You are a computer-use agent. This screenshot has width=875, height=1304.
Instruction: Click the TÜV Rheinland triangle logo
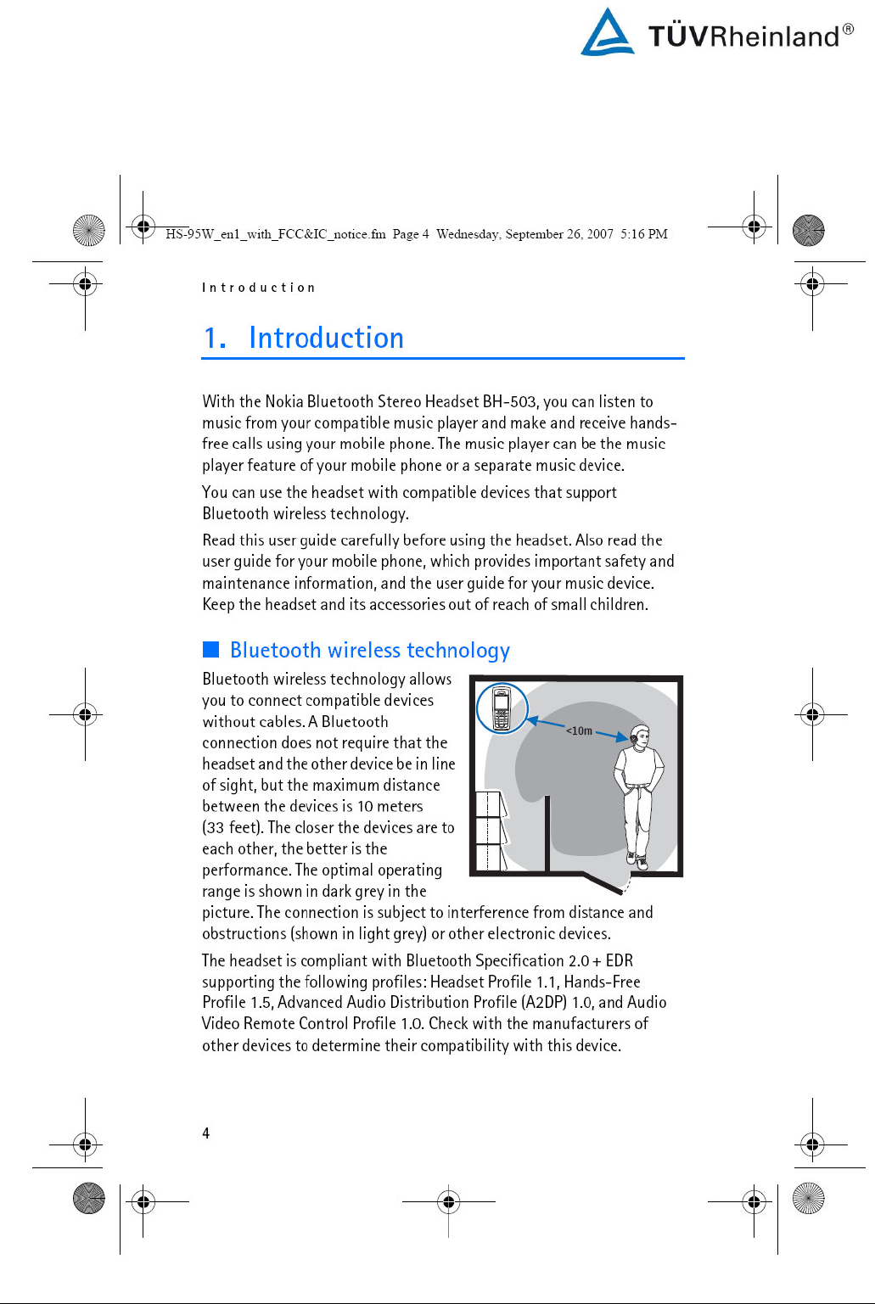607,33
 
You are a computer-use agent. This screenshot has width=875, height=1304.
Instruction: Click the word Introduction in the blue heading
326,339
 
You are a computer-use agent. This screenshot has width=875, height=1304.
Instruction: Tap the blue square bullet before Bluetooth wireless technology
210,650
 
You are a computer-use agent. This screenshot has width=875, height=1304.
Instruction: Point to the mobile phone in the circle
502,708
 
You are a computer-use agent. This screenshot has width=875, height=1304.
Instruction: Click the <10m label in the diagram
579,730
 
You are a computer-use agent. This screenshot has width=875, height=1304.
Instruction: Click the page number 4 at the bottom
205,1133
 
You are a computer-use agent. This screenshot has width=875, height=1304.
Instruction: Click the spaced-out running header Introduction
258,288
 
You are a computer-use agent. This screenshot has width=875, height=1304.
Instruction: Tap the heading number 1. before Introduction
215,339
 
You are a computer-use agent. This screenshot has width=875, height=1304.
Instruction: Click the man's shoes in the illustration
636,862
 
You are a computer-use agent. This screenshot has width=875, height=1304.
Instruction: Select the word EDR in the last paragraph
619,960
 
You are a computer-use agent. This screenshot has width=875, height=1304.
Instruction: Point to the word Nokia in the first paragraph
283,401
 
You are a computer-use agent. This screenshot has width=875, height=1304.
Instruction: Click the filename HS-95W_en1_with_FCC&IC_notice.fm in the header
275,234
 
